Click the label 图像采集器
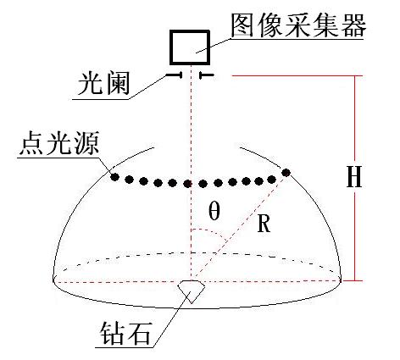tap(298, 25)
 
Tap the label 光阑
tap(103, 83)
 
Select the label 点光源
tap(59, 143)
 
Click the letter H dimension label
tap(354, 177)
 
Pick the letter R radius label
tap(264, 223)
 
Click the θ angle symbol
tap(214, 212)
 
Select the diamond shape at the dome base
tap(192, 291)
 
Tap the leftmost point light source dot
tap(114, 177)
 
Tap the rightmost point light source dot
tap(286, 172)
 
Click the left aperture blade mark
tap(174, 75)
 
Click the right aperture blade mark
tap(207, 75)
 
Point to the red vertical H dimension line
tap(355, 178)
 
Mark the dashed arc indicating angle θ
tap(210, 233)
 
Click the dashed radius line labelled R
tap(238, 226)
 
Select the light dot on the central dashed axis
tap(187, 184)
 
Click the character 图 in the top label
tap(242, 25)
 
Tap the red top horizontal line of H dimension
tap(297, 75)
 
